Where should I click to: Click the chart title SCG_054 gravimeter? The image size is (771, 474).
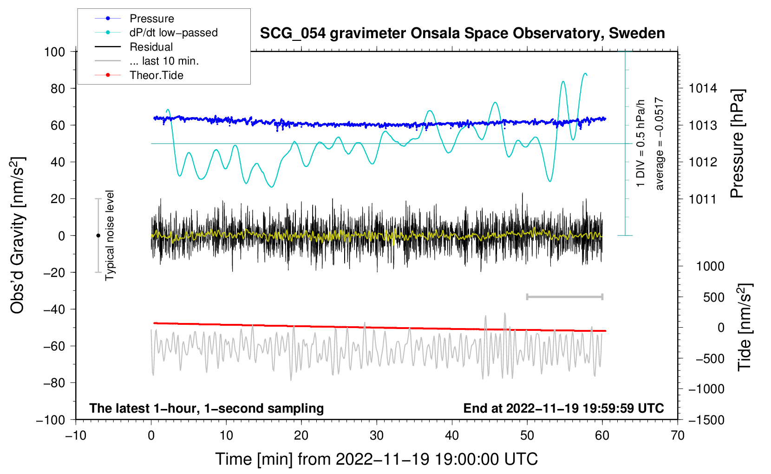click(x=462, y=33)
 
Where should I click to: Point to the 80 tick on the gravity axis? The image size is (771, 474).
click(x=58, y=89)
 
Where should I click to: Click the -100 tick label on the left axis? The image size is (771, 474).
click(x=51, y=420)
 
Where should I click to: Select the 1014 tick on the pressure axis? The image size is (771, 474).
click(x=703, y=89)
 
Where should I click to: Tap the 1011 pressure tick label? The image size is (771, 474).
click(x=703, y=199)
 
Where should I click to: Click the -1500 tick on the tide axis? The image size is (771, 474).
click(x=706, y=420)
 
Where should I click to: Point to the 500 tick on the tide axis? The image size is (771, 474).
click(x=713, y=297)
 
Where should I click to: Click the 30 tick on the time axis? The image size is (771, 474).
click(x=377, y=436)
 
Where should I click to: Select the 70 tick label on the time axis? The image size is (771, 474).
click(x=677, y=436)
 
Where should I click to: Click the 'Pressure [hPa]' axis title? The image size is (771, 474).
click(x=737, y=144)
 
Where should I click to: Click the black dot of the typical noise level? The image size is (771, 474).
click(x=98, y=236)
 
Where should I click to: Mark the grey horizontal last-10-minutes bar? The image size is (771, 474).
click(x=564, y=296)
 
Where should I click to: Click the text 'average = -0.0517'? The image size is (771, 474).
click(x=659, y=144)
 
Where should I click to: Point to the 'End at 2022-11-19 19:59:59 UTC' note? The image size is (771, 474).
click(x=563, y=408)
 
